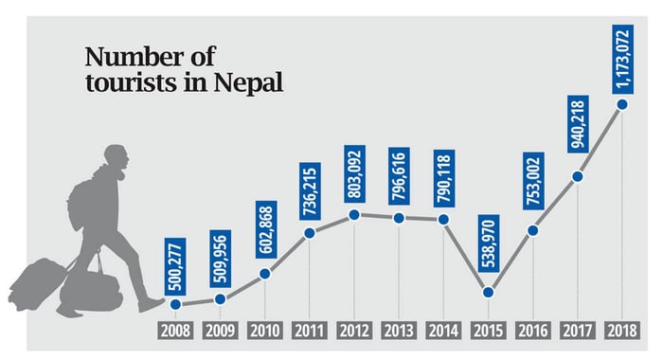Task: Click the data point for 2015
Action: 489,292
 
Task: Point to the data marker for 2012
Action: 354,215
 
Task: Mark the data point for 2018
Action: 623,105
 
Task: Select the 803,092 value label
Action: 354,171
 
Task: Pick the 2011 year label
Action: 310,331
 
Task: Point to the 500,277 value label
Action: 174,265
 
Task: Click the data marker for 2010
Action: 265,274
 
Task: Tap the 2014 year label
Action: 444,331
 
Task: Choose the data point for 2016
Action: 533,230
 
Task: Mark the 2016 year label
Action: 533,331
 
